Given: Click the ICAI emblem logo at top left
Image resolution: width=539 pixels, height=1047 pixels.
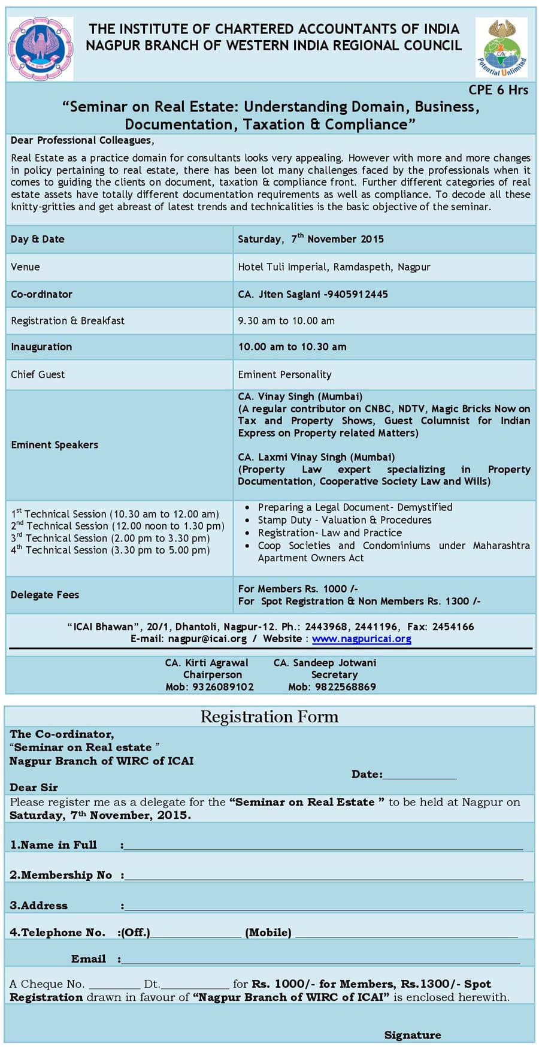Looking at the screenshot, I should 40,49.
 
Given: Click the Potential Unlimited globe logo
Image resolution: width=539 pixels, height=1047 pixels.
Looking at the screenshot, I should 501,47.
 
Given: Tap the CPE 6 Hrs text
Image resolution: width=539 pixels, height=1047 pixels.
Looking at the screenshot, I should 498,90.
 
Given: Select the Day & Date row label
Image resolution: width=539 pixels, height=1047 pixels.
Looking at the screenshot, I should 37,239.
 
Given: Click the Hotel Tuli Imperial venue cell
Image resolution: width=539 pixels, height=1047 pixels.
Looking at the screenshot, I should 334,267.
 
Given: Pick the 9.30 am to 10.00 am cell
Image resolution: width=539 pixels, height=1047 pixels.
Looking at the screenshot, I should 286,320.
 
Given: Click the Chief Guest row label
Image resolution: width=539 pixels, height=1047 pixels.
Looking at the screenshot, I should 38,374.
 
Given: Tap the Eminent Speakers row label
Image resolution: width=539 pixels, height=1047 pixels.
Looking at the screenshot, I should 54,444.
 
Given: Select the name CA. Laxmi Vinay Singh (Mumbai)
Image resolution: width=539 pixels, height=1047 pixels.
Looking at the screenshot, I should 316,457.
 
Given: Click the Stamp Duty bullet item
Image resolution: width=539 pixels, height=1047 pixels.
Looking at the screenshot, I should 344,520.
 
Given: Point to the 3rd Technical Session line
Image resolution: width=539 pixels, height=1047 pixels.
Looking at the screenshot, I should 110,538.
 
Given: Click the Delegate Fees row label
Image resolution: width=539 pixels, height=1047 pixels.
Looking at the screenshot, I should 45,594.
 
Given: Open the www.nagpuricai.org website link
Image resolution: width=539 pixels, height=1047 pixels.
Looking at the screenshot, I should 361,639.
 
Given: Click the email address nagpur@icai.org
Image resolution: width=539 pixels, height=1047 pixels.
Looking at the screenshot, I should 207,639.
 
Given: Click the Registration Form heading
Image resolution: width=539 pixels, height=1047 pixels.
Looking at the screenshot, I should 269,716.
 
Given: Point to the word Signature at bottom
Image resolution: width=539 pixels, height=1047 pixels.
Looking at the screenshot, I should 413,1034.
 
